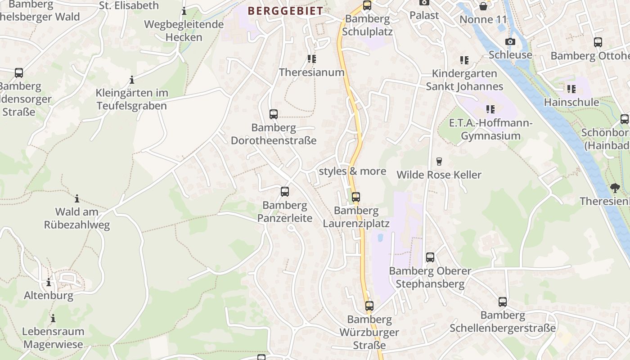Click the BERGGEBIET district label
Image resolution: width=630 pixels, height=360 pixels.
[285, 11]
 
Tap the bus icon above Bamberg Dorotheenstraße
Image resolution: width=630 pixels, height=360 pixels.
[274, 114]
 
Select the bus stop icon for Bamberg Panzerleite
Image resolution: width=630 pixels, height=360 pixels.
[285, 192]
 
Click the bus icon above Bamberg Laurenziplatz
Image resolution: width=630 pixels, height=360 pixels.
[356, 197]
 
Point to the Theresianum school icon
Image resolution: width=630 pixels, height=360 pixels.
[312, 59]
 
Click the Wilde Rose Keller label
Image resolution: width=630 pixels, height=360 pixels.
[439, 175]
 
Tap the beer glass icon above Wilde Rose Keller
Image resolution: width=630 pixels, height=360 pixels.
[439, 162]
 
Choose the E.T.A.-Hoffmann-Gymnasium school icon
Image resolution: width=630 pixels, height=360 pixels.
[490, 109]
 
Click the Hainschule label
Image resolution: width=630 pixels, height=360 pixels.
[571, 102]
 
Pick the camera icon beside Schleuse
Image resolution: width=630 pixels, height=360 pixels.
[510, 42]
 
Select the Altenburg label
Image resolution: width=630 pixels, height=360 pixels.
[49, 296]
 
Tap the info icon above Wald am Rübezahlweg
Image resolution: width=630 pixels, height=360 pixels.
[77, 198]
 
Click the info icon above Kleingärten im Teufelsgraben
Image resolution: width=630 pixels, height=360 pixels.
[132, 80]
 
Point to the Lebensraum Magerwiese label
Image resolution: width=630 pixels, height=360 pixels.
[53, 338]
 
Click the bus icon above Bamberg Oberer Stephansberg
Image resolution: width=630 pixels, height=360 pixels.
[430, 257]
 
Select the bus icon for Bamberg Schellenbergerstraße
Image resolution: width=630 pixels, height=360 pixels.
[503, 302]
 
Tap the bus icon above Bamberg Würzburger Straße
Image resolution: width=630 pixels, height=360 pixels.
[369, 306]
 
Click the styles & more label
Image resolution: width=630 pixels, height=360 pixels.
[352, 171]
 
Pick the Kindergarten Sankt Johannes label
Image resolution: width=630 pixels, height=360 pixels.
[464, 80]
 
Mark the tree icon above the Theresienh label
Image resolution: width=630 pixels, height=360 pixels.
[615, 188]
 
